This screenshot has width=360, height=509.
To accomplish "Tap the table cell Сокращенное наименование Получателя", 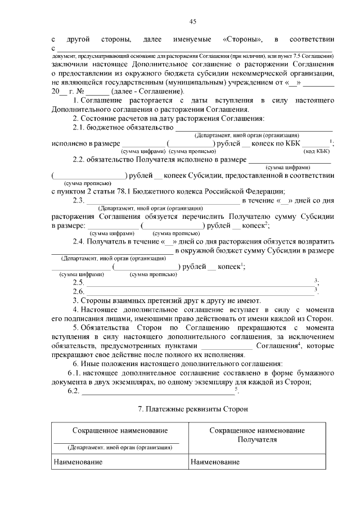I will click(257, 434).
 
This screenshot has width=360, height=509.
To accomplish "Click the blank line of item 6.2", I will click(157, 391).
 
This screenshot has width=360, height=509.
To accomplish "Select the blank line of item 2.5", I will click(200, 282).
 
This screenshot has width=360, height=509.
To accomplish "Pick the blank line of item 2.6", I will click(200, 291).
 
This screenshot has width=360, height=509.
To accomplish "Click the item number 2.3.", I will click(79, 201).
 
